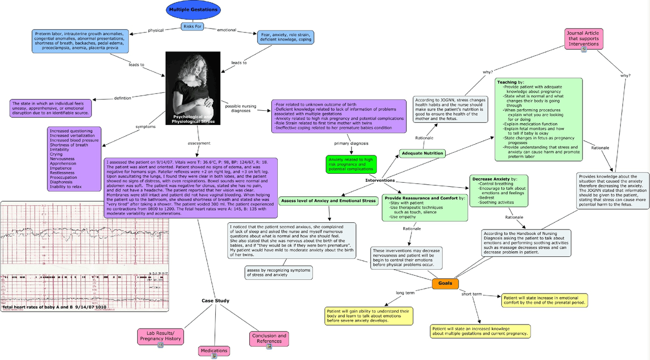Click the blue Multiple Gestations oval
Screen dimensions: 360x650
pos(193,10)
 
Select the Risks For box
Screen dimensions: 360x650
pos(193,26)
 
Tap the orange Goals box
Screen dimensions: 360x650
pos(445,284)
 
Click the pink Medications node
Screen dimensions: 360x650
pos(214,350)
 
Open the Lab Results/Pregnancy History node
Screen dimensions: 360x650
pos(160,336)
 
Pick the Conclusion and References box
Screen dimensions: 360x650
pos(269,338)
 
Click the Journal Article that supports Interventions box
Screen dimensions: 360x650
pos(583,39)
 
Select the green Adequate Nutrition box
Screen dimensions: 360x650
pos(422,153)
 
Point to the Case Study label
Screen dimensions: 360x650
pos(215,301)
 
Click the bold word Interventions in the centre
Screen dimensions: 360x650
pos(380,181)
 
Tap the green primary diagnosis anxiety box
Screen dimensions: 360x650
pos(351,165)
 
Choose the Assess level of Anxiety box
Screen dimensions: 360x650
pos(329,201)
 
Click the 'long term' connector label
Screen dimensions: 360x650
pos(406,292)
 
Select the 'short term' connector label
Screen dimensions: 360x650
pos(471,294)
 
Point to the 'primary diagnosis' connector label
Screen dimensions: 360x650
pos(351,144)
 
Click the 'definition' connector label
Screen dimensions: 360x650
pos(123,98)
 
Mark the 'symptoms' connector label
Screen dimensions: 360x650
pos(145,126)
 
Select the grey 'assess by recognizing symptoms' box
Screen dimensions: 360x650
pos(278,273)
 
